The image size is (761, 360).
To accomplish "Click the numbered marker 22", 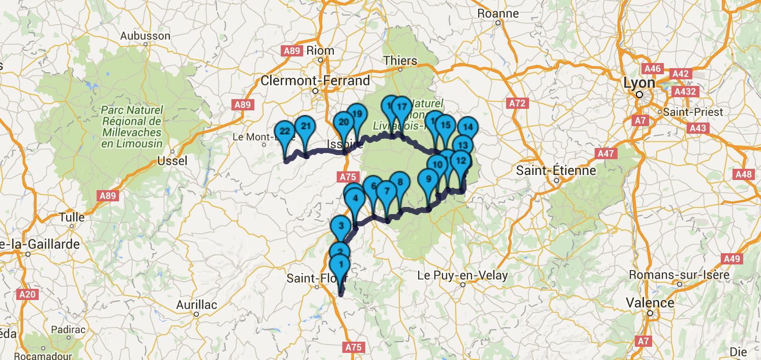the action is click(284, 132).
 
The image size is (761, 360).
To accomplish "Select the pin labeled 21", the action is click(305, 127).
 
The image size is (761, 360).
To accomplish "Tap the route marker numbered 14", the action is click(468, 127).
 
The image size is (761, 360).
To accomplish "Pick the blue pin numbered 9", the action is click(428, 179).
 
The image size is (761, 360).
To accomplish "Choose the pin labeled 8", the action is click(400, 182).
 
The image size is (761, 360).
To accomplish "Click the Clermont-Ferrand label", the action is click(315, 80).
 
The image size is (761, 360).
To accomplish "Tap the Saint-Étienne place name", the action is click(555, 170).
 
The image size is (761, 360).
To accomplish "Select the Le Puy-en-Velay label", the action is click(462, 276).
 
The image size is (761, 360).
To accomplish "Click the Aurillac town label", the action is click(196, 305).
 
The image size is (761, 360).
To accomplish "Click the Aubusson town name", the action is click(145, 36).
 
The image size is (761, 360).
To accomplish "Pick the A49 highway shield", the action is click(732, 259).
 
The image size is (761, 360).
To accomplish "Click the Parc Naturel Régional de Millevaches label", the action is click(132, 127).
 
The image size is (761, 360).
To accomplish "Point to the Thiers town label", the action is click(400, 61).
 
